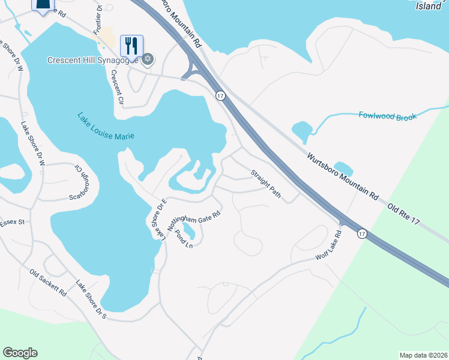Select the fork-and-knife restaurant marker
131,45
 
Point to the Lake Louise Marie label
105,127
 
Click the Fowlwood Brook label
387,116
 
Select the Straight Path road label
265,183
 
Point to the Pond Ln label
183,239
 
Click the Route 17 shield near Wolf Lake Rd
362,233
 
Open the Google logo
20,353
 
